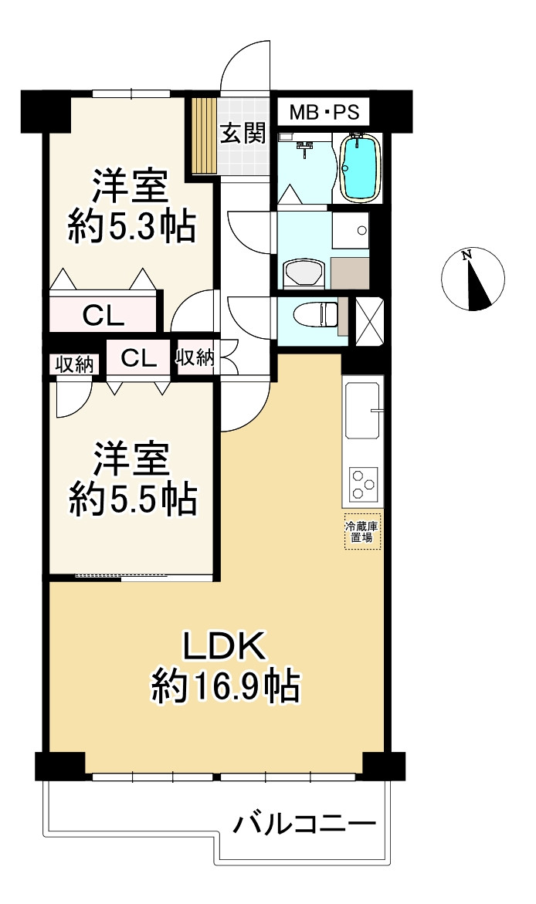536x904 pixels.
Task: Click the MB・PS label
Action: [x=324, y=113]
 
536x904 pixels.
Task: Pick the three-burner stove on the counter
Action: [x=363, y=485]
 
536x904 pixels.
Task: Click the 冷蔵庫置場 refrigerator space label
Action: [x=362, y=532]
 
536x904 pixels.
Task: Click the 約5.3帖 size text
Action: [x=131, y=226]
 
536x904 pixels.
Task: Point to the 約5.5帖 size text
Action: [x=132, y=499]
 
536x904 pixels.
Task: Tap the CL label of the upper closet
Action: [x=103, y=315]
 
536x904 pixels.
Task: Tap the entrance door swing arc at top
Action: [x=246, y=66]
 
